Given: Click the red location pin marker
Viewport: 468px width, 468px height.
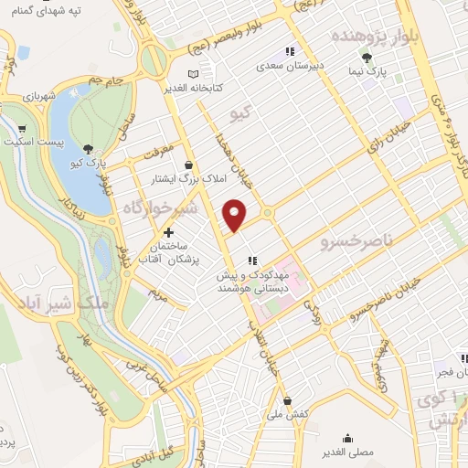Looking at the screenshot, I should (x=236, y=215).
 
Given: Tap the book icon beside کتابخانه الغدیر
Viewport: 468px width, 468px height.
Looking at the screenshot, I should (x=191, y=75).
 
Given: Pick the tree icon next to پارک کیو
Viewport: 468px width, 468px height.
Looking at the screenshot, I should (x=89, y=149).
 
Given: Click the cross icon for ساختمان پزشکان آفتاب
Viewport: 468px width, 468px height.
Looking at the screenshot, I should (x=168, y=233).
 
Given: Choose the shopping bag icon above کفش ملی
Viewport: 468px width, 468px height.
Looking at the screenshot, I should (x=287, y=400).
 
